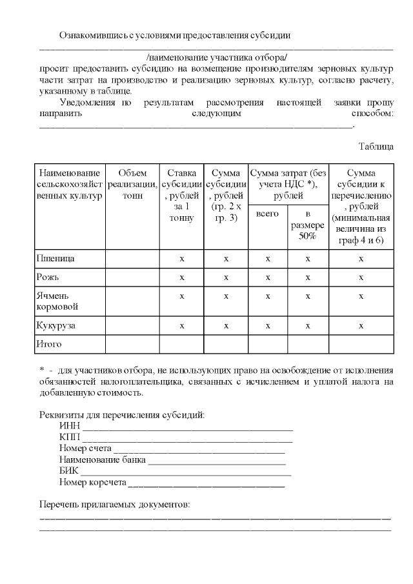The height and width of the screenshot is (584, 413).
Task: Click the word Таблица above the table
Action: click(376, 146)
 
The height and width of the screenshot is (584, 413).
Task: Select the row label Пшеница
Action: click(55, 258)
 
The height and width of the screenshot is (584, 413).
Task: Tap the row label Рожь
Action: click(48, 277)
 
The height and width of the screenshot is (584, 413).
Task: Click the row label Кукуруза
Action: click(56, 325)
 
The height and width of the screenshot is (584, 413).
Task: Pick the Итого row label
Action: click(49, 344)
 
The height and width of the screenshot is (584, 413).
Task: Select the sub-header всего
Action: click(268, 213)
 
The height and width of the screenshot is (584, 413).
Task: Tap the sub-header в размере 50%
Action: click(308, 224)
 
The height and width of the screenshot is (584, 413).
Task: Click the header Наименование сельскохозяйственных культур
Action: click(69, 184)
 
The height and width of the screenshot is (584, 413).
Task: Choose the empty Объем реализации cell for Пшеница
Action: click(132, 258)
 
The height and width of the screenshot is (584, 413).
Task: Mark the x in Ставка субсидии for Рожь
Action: click(182, 277)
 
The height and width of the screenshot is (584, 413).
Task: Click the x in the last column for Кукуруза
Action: click(361, 325)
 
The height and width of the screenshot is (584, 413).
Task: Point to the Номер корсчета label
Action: click(92, 482)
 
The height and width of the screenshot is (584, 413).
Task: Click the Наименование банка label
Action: click(102, 460)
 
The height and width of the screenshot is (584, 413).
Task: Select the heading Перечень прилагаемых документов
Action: click(115, 503)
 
